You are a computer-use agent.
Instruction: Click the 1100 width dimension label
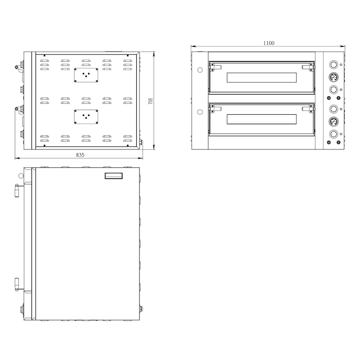[268, 43]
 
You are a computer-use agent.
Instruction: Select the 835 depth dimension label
[80, 155]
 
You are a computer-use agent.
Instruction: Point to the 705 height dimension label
[151, 101]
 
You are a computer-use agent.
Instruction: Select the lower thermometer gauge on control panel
[333, 121]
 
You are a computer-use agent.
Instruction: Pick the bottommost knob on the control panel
[333, 134]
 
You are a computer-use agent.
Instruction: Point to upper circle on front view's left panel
[200, 70]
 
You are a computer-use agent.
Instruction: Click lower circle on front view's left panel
[200, 111]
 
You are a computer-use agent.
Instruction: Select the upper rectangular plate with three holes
[86, 75]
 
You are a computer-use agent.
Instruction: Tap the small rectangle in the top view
[113, 176]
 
